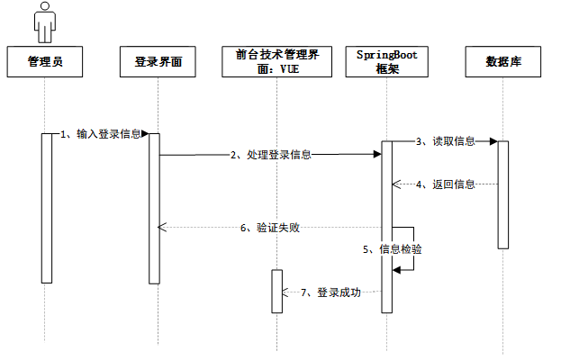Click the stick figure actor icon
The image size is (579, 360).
(45, 22)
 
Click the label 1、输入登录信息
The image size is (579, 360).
(101, 134)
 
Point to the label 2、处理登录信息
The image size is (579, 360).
(271, 155)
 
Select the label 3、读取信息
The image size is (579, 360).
(446, 141)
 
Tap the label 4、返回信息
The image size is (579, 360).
(446, 184)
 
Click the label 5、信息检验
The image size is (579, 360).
(393, 249)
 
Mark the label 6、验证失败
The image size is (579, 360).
(270, 228)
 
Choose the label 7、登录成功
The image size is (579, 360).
(330, 292)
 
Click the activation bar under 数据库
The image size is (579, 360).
(503, 194)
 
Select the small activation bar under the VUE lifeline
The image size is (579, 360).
(277, 292)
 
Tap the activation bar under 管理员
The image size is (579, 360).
(47, 208)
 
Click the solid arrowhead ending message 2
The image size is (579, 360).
(377, 154)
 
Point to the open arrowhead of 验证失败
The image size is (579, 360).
(162, 228)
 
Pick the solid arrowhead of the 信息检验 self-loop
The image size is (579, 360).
(396, 270)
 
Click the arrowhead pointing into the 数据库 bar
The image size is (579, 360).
(493, 141)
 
